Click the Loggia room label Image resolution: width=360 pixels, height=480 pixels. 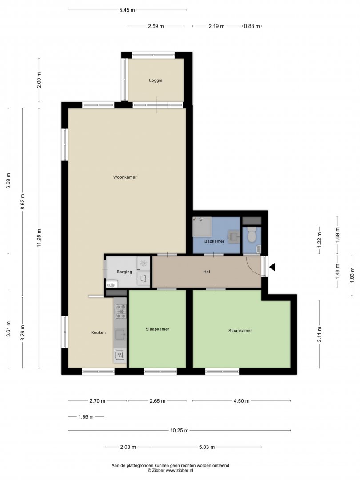[156, 80]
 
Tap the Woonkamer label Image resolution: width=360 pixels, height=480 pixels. [125, 177]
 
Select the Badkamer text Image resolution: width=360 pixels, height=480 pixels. [214, 241]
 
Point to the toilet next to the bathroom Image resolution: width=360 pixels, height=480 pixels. [252, 234]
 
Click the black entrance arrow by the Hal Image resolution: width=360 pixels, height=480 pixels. [272, 267]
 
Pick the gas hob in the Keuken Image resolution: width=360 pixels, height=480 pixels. [120, 311]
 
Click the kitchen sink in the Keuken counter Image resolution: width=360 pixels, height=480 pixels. [120, 335]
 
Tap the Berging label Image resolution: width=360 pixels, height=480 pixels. [124, 272]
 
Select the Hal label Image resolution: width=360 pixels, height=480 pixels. [207, 272]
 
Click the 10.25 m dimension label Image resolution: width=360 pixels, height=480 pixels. [180, 430]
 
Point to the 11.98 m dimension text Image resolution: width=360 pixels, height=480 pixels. [39, 238]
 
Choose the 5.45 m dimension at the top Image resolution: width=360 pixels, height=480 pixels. [127, 10]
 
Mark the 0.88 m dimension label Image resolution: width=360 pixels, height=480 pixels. [252, 26]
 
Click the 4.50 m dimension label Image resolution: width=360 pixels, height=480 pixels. [241, 401]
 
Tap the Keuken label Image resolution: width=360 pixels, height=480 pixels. [99, 332]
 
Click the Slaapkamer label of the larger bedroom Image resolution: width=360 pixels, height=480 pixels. [240, 331]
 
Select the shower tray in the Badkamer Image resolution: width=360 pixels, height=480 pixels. [202, 227]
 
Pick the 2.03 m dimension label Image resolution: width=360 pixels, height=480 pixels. [128, 447]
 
